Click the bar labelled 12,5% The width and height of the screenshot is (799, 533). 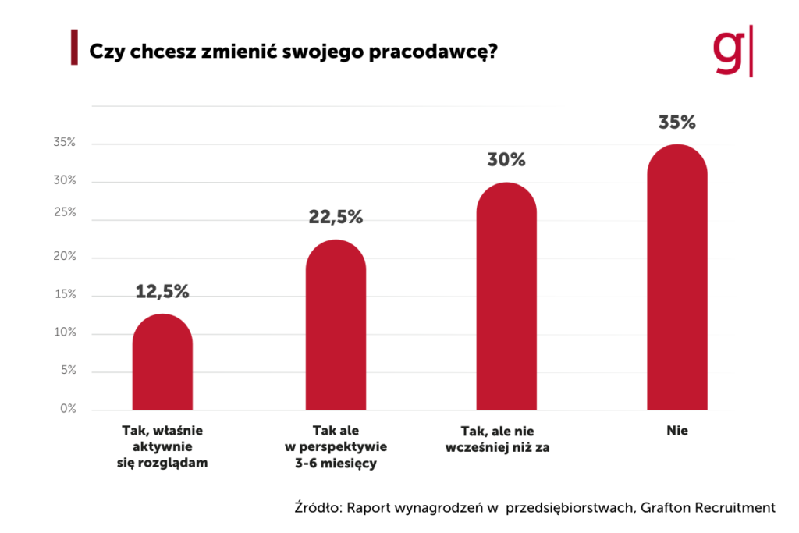[162, 363]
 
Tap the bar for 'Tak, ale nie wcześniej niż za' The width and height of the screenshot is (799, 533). [506, 297]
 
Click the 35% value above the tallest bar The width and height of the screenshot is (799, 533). [677, 123]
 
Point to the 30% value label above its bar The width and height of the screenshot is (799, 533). [506, 160]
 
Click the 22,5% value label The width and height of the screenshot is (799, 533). [336, 218]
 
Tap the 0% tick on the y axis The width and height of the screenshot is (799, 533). [67, 408]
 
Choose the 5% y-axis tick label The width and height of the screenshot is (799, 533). [67, 371]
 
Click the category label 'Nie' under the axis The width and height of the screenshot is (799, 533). [677, 430]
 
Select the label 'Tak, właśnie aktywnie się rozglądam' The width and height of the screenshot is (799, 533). [162, 446]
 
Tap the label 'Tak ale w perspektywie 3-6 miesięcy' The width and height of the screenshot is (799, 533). [336, 446]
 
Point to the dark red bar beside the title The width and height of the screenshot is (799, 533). [73, 48]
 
